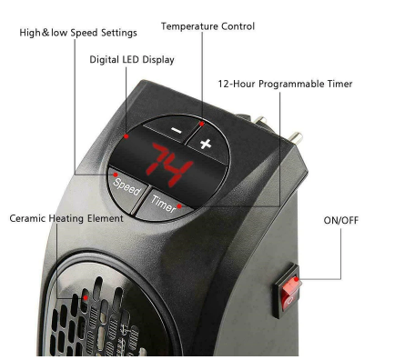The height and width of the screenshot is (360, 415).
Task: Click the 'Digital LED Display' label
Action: click(132, 60)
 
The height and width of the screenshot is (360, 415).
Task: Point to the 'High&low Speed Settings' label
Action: click(78, 33)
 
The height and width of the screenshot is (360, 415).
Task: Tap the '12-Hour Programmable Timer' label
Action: click(285, 84)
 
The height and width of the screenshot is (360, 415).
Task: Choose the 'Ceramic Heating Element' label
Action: click(66, 219)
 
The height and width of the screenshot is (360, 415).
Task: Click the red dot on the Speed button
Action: click(115, 173)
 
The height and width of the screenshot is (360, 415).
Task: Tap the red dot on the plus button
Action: click(200, 119)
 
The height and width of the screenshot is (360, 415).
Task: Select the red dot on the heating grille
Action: click(84, 296)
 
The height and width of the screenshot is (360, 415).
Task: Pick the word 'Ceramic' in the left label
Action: click(30, 219)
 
